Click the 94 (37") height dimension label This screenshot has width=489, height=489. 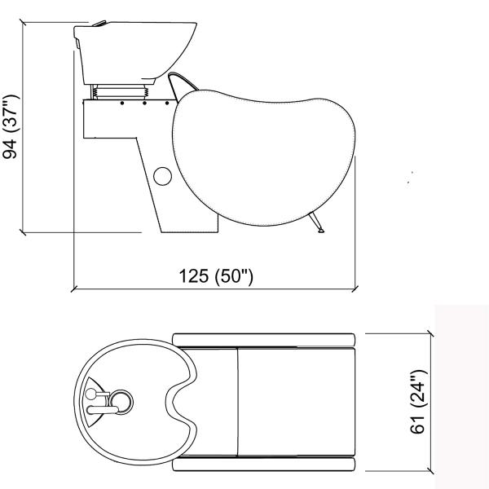(10, 126)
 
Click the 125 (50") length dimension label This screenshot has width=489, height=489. (216, 276)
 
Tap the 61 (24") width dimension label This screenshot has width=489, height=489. (418, 402)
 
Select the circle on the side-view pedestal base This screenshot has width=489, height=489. (162, 176)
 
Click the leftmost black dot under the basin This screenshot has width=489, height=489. (122, 103)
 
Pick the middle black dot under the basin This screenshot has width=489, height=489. (144, 103)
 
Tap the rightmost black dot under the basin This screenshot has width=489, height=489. (167, 103)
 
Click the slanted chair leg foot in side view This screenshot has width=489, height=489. (315, 222)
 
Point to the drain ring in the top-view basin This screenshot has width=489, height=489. (121, 402)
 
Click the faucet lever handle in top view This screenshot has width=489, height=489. (103, 410)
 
